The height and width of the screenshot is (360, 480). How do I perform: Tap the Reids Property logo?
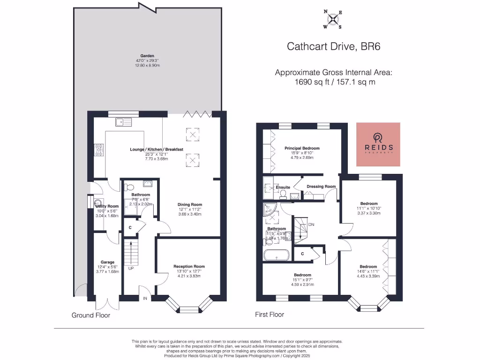pos(378,144)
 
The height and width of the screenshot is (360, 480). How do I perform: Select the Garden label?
pos(147,56)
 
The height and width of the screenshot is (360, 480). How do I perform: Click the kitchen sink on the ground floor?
pos(124,122)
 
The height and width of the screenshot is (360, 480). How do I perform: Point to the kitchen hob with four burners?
pos(99,150)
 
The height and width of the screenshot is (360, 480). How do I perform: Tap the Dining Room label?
pos(189,204)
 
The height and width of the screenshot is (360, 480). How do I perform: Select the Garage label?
pos(108,262)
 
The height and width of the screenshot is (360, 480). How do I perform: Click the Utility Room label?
pos(107,206)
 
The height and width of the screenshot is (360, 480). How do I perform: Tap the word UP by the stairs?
pos(131,269)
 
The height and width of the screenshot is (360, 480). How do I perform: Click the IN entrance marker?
pos(144,298)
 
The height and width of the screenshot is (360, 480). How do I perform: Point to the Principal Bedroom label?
pos(302,148)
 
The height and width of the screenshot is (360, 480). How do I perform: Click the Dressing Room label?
pos(321,187)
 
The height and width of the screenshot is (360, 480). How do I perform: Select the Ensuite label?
pos(283,187)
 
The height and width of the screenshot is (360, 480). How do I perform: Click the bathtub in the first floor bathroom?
pos(276,255)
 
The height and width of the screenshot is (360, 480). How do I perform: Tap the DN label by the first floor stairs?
pos(311,225)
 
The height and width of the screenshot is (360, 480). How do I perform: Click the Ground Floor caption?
pos(90,315)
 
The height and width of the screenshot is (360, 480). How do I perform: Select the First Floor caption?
pos(270,315)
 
